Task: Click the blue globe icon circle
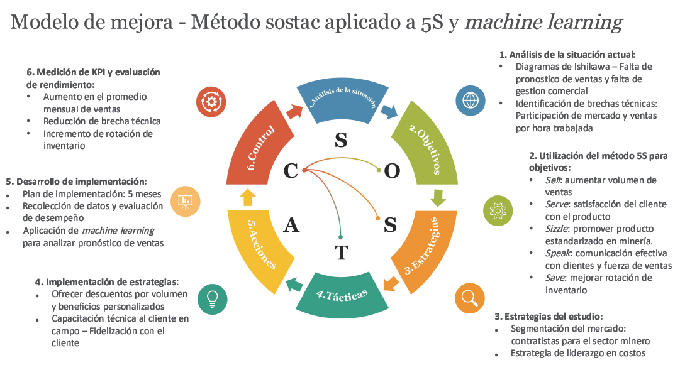471,100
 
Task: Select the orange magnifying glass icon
469,297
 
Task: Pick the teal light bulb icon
212,297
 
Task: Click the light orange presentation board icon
185,201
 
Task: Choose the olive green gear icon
498,209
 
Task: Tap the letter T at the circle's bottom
341,253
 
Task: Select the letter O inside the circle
391,171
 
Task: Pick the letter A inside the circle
291,225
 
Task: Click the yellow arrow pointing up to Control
247,197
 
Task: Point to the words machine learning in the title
544,23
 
